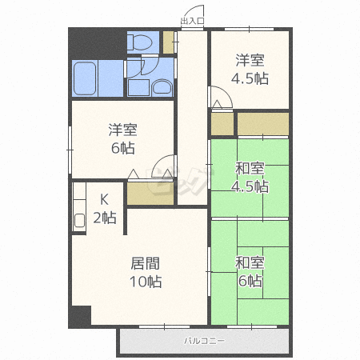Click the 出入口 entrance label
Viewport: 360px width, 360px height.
(193, 20)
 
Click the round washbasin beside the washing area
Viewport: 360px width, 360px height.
(162, 86)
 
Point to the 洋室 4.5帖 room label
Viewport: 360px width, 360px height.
(250, 69)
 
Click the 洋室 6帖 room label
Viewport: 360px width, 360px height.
(122, 139)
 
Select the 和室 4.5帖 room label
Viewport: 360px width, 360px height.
(250, 177)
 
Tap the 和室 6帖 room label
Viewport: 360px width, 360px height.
(250, 270)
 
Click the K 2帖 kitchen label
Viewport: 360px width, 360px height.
(104, 208)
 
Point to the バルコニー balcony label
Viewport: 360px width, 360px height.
(204, 341)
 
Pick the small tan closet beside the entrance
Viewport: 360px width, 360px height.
(168, 42)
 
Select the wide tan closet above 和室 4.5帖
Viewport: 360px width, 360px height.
(262, 124)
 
